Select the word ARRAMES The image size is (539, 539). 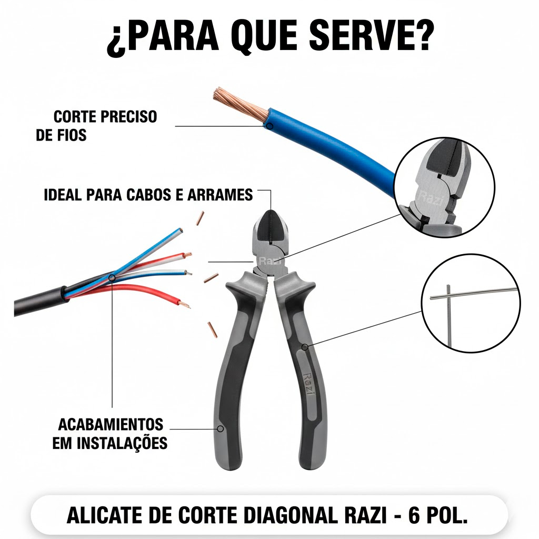220,195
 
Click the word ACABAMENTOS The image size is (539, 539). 111,425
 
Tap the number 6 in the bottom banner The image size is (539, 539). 414,515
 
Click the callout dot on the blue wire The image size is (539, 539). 270,126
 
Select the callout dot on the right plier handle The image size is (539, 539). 305,347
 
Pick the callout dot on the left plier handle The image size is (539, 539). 221,428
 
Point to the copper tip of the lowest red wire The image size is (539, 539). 185,305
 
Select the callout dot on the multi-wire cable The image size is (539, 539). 112,277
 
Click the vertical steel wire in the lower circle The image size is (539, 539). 448,316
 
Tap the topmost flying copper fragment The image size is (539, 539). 200,218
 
